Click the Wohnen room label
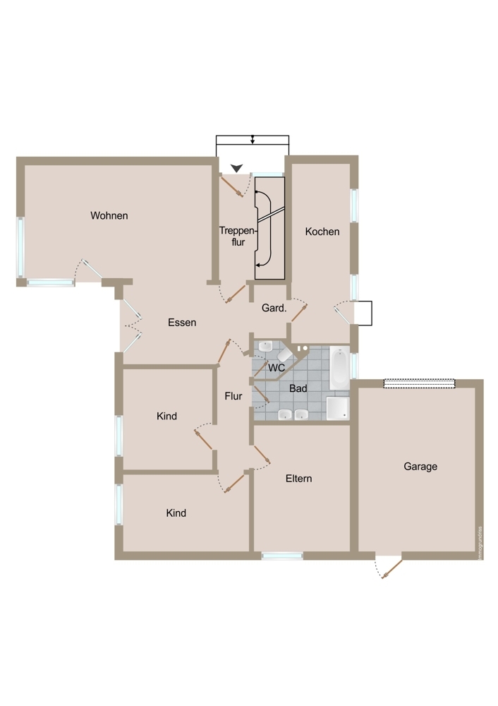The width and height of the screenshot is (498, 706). click(109, 215)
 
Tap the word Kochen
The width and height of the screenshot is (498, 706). click(322, 232)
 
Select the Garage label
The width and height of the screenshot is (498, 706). click(420, 467)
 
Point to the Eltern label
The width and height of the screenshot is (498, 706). click(298, 478)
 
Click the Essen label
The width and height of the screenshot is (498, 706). click(182, 323)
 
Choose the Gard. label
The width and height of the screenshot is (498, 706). click(274, 308)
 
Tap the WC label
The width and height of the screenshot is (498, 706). click(277, 368)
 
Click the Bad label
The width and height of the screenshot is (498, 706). click(298, 388)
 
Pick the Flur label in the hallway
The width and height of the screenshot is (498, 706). click(233, 396)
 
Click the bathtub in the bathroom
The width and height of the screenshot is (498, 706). click(340, 367)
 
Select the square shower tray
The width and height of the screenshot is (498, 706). click(337, 408)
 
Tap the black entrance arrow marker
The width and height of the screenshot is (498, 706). click(236, 169)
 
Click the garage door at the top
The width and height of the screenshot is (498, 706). click(419, 383)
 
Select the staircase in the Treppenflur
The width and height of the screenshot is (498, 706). click(270, 228)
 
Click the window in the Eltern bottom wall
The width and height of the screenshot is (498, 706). click(282, 556)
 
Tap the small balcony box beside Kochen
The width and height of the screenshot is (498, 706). click(363, 313)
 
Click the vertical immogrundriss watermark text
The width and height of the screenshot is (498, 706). click(480, 543)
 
